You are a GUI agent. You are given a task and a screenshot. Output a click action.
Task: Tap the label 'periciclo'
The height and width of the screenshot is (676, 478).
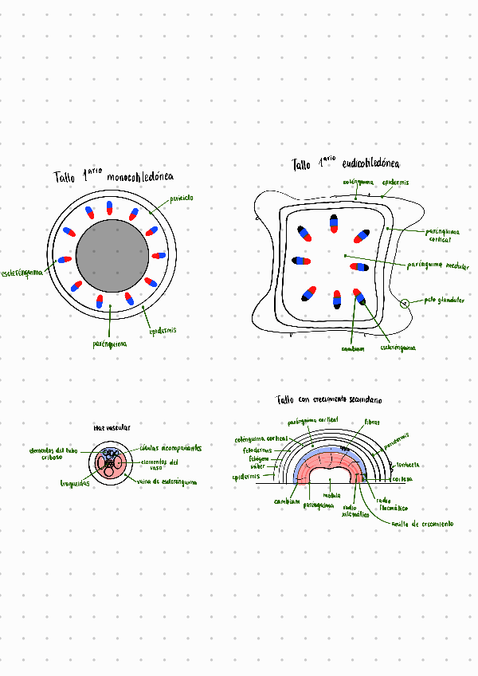point(182,197)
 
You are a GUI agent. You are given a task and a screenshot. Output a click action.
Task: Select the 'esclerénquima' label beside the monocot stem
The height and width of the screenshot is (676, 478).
point(22,273)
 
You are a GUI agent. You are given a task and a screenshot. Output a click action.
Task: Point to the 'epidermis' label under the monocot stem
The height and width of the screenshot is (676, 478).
point(163,330)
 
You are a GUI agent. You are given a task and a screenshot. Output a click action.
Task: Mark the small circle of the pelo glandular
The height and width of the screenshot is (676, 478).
point(405,303)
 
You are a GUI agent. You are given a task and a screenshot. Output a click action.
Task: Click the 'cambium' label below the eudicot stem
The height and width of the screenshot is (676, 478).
point(352,348)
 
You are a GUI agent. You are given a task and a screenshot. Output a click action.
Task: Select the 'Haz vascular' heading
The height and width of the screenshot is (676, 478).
point(112,428)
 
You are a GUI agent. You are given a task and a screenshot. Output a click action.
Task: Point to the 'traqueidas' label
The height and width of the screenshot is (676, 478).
point(75,483)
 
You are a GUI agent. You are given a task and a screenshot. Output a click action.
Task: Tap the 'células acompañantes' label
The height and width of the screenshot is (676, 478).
point(170,448)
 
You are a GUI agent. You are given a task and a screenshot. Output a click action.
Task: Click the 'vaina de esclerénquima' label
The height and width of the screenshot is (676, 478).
point(167,481)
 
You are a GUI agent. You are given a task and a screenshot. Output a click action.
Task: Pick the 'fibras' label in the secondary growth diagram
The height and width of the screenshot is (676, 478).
point(372,421)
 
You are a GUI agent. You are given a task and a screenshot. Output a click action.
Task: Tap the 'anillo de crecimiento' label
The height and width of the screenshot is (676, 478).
point(421,524)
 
